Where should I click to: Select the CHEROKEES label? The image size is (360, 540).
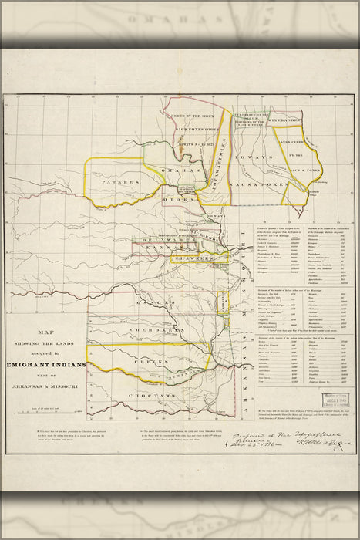pos(154,329)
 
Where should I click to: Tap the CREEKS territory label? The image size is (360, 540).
pos(150,361)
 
